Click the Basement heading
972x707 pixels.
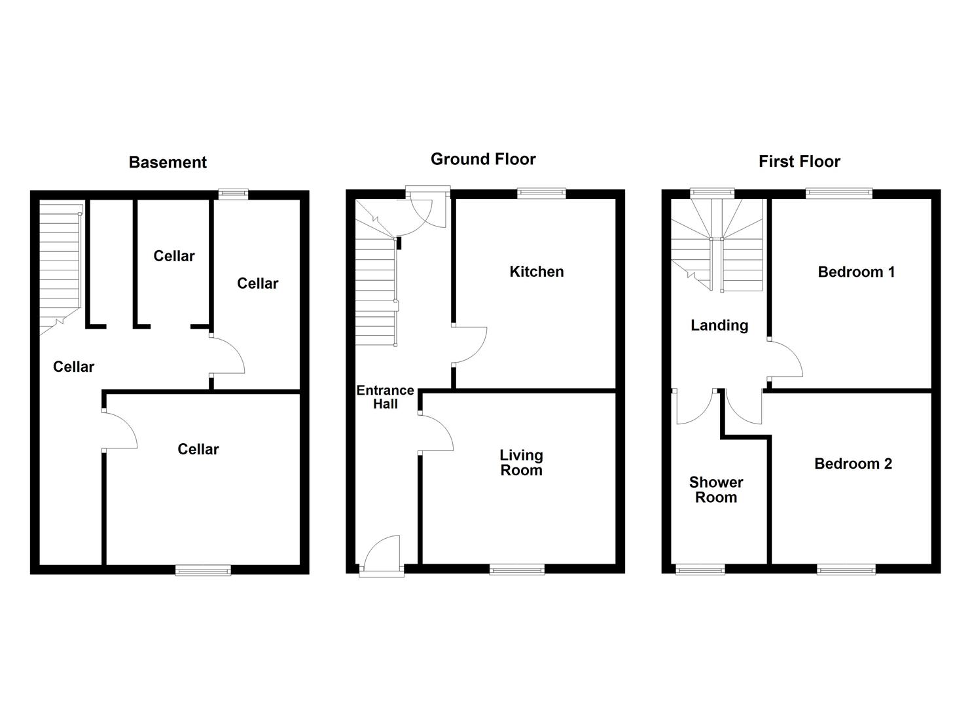(x=168, y=162)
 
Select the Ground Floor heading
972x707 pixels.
(x=483, y=159)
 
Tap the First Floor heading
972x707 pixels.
(x=799, y=162)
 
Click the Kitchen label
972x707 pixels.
(x=536, y=272)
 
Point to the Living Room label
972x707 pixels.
(x=521, y=463)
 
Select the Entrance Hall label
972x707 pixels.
(x=385, y=397)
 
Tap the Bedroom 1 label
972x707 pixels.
(x=856, y=272)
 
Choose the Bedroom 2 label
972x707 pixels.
(x=853, y=464)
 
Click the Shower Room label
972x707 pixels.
(x=716, y=490)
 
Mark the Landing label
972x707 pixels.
(x=719, y=325)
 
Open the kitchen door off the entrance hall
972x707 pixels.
(x=469, y=344)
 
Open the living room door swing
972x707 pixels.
(x=435, y=433)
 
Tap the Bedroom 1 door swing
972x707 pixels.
(x=785, y=359)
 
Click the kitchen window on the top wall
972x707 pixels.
(x=541, y=192)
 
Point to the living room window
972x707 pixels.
(x=517, y=570)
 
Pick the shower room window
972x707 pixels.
(x=700, y=570)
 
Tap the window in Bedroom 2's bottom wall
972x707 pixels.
(x=846, y=570)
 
